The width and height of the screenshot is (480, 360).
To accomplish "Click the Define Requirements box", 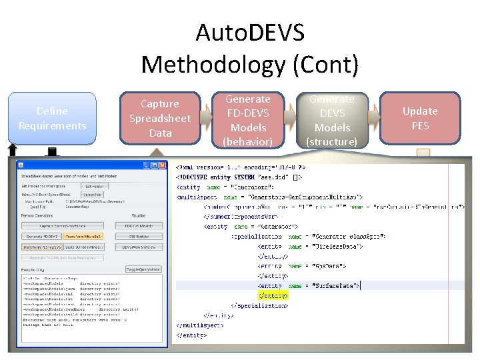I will [x=52, y=118].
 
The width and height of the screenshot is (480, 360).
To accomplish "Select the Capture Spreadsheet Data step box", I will [x=159, y=118].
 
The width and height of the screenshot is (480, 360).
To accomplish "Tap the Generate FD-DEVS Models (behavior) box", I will [x=247, y=120].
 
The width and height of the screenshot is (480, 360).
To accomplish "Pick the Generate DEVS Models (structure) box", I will [x=332, y=120].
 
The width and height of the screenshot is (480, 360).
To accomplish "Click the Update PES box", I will [x=420, y=118].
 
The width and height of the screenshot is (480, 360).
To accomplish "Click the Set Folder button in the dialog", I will [x=94, y=186].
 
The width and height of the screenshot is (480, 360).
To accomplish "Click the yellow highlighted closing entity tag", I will [x=273, y=295].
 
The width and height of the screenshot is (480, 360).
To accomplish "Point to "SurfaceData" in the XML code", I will [x=337, y=285].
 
